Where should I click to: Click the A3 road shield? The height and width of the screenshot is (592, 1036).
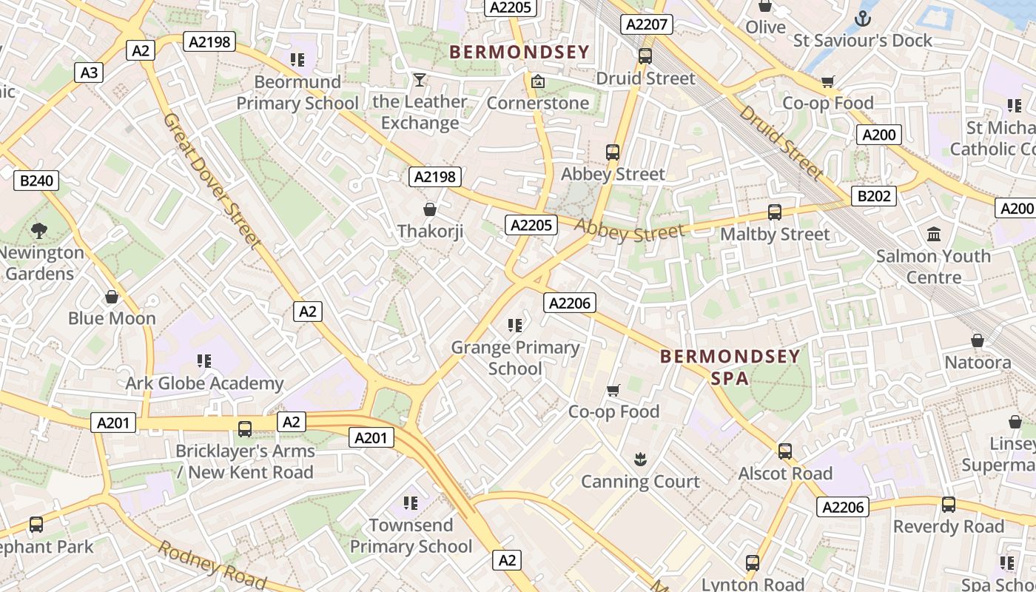coord(89,73)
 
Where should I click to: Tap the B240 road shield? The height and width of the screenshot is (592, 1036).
coord(36,181)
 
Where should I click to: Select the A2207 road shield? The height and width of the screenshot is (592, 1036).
coord(647,24)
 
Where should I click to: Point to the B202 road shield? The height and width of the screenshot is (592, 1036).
coord(874,196)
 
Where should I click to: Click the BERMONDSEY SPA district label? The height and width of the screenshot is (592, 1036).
coord(730,367)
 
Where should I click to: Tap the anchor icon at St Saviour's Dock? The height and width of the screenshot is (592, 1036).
coord(862,18)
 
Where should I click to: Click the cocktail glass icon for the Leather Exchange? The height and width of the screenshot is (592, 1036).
coord(420,79)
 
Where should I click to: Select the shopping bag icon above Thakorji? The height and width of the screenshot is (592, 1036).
coord(429,209)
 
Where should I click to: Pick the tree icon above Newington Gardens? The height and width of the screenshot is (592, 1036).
coord(39,230)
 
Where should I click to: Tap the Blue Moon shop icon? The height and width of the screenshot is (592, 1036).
coord(112,297)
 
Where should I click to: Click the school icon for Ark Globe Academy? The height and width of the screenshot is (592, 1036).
coord(203,361)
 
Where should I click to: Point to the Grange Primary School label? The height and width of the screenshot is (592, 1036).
coord(515,357)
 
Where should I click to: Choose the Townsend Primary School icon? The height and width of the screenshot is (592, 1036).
coord(411,503)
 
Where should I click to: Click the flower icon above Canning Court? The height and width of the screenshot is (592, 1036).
coord(640,460)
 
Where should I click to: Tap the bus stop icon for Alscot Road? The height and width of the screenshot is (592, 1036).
coord(785,451)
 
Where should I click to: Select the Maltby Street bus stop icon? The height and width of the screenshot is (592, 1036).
coord(775,212)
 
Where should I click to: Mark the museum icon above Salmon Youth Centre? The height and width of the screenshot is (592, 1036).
coord(934,234)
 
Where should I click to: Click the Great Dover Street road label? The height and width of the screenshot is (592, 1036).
coord(212,181)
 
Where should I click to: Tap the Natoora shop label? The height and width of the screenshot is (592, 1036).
coord(978,363)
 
